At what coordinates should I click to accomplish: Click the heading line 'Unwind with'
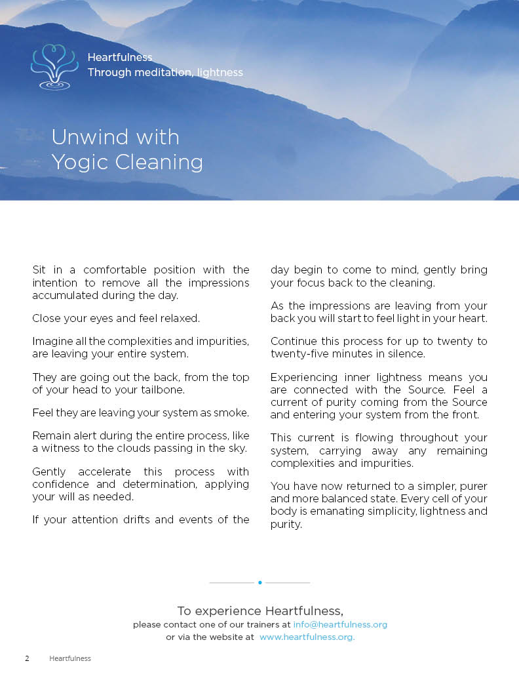point(115,137)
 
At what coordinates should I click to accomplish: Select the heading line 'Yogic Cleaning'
point(127,161)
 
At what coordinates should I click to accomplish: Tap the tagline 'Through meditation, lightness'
point(165,72)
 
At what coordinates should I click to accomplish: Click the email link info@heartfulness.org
point(340,624)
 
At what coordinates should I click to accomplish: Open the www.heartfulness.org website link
point(307,637)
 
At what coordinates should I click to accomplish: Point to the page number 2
point(27,658)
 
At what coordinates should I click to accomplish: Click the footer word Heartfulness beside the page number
point(70,658)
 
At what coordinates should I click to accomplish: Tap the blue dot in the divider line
point(260,582)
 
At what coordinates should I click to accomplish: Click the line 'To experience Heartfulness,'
point(260,610)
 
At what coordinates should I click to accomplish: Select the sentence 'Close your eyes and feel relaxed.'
point(116,318)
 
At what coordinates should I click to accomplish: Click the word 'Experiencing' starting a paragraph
point(303,377)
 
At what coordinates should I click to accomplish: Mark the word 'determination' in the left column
point(153,484)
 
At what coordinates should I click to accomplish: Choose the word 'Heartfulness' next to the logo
point(120,58)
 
